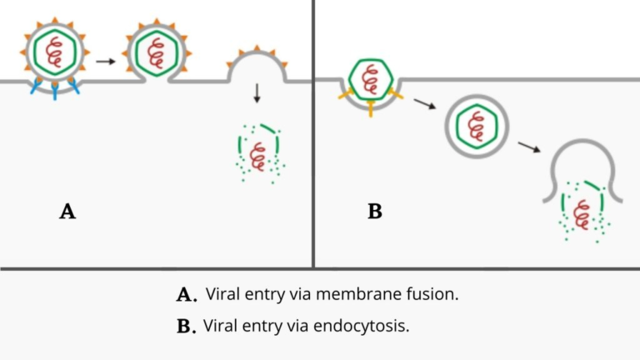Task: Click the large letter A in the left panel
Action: click(x=67, y=212)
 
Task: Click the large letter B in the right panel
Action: click(x=375, y=212)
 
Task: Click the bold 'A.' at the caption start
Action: click(x=187, y=295)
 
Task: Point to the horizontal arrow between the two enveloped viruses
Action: click(x=105, y=60)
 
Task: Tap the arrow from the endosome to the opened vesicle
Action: click(x=527, y=147)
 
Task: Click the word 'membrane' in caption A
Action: click(x=367, y=294)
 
